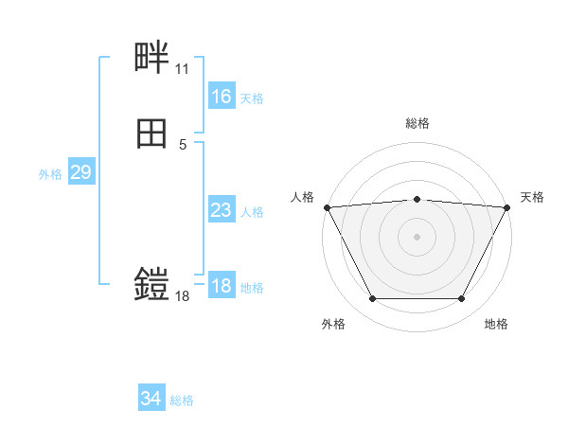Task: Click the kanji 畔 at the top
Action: coord(152,59)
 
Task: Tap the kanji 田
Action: coord(152,134)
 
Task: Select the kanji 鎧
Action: coord(152,284)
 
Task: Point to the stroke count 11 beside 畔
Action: coord(182,69)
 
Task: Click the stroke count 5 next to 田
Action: coord(183,145)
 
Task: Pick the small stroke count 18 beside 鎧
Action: coord(182,296)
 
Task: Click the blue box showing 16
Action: coord(221,97)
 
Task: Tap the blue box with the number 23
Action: coord(221,210)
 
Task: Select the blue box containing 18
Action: coord(221,286)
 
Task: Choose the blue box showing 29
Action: coord(80,172)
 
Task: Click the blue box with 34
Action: coord(151,399)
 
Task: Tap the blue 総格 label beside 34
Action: coord(183,400)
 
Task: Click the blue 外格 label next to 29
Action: coord(50,174)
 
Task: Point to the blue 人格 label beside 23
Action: coord(253,212)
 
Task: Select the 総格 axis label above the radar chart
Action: coord(417,123)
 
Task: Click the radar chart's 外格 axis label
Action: coord(333,324)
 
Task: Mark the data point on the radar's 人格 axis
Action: coord(327,206)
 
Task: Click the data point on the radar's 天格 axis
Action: coord(507,206)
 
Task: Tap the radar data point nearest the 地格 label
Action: coord(461,299)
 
